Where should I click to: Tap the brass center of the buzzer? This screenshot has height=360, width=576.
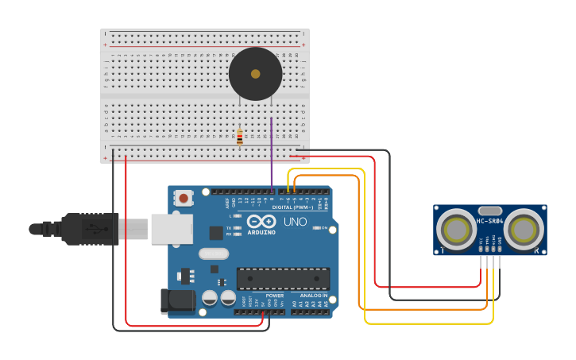pos(255,74)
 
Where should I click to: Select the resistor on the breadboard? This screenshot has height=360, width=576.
pos(239,137)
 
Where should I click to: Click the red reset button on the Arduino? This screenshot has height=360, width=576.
pos(184,198)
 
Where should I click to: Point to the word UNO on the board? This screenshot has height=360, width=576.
pos(295,222)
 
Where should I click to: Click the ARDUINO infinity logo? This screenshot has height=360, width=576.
pos(261,222)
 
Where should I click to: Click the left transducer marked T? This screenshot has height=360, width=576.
pos(457,230)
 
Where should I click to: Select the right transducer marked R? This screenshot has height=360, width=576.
pos(524,230)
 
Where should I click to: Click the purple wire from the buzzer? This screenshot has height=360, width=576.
pos(271,151)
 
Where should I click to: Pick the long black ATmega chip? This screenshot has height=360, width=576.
pos(283,279)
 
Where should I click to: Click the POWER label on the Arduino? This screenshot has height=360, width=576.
pos(274,296)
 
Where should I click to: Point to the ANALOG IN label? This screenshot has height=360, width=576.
pos(313,296)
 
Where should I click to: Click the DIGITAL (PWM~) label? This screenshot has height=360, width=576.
pos(292,207)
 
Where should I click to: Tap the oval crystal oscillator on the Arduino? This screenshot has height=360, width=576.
pos(213,254)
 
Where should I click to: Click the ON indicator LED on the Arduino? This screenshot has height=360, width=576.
pos(315,228)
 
